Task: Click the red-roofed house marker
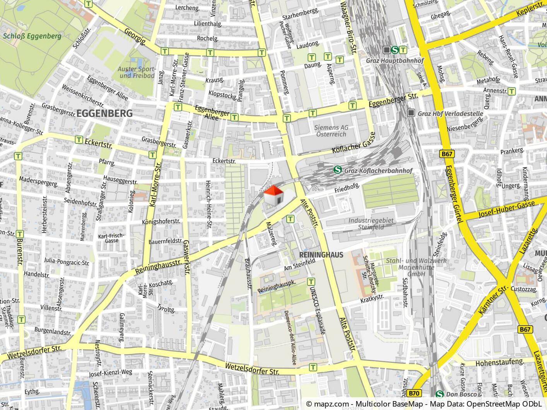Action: pyautogui.click(x=273, y=195)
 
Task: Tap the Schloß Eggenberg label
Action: pyautogui.click(x=32, y=36)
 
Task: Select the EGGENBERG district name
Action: pyautogui.click(x=104, y=114)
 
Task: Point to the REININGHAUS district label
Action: pyautogui.click(x=321, y=255)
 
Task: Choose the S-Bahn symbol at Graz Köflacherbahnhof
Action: pyautogui.click(x=337, y=170)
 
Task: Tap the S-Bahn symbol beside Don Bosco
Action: pyautogui.click(x=439, y=394)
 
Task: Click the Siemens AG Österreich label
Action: pyautogui.click(x=331, y=131)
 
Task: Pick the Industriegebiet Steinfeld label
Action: pyautogui.click(x=371, y=224)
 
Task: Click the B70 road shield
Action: pyautogui.click(x=414, y=393)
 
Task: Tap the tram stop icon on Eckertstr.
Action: pyautogui.click(x=79, y=139)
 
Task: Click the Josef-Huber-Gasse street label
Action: pyautogui.click(x=506, y=209)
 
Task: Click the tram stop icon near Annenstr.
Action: pyautogui.click(x=512, y=91)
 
